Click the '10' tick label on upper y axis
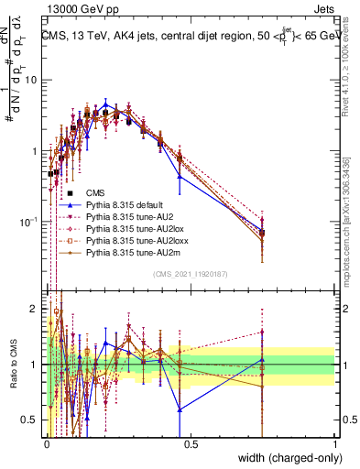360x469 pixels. [30, 80]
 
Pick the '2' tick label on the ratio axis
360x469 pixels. [35, 309]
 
